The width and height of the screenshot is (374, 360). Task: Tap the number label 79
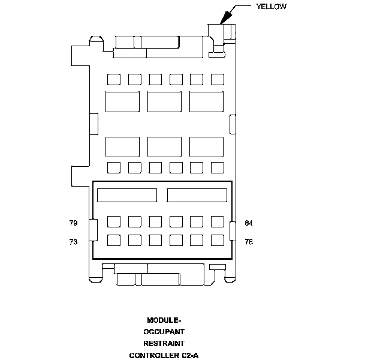[x=73, y=223]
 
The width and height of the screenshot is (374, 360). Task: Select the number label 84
[x=249, y=223]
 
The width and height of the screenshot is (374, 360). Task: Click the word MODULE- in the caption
[x=164, y=320]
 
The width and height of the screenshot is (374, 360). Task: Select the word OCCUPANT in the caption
[x=164, y=332]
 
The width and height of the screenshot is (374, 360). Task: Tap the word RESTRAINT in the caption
[x=164, y=344]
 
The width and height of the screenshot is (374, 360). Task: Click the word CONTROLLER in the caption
[x=153, y=355]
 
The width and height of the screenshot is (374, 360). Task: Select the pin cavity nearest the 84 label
[x=218, y=221]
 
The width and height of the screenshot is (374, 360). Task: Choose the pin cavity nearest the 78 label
[x=218, y=241]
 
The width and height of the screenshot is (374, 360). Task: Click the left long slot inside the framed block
[x=126, y=195]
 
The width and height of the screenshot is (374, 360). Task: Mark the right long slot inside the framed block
[x=197, y=195]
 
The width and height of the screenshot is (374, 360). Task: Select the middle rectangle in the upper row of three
[x=164, y=101]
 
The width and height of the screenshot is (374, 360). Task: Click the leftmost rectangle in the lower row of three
[x=122, y=146]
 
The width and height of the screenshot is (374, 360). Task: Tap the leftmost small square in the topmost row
[x=114, y=79]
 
